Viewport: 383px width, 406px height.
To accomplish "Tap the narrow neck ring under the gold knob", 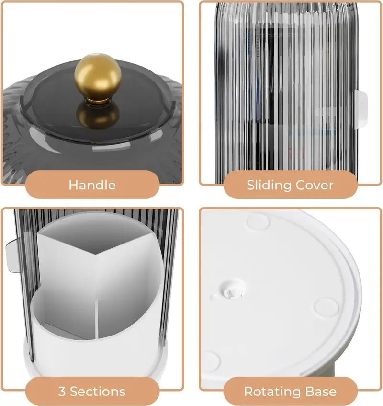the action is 98,101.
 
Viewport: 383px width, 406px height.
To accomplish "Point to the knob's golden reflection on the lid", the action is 98,116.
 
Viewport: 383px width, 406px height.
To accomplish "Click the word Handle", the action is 92,185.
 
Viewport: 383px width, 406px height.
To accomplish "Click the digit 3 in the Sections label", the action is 62,392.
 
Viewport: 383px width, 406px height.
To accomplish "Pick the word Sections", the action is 98,392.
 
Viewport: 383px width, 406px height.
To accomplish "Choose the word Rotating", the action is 272,392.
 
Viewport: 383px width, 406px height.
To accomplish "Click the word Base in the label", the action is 321,392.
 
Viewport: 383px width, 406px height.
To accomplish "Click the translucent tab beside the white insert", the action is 13,255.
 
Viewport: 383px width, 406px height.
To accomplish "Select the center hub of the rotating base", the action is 232,290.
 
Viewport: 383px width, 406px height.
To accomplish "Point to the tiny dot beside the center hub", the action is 214,297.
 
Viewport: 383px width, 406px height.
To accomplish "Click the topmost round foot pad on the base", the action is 258,221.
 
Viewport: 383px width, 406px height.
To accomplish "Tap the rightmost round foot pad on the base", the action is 327,307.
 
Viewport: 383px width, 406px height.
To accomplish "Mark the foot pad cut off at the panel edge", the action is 210,361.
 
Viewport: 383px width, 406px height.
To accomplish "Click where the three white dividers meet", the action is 95,254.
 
